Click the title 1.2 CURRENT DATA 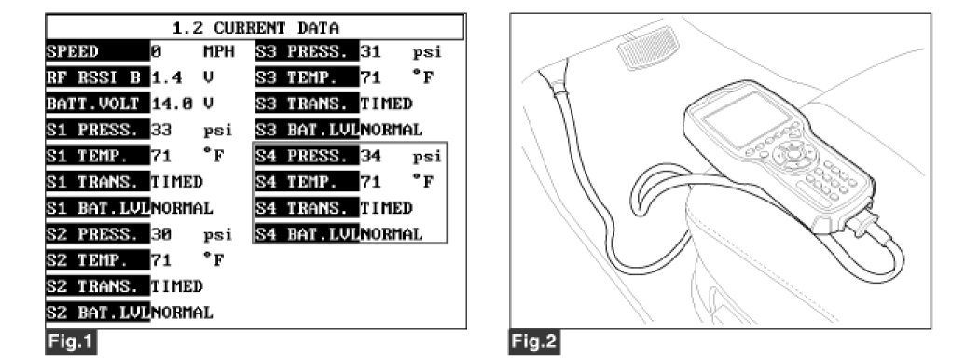click(255, 27)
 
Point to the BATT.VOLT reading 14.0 click(167, 104)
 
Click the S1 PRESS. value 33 click(161, 130)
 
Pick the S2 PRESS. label click(97, 234)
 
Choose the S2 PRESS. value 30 click(161, 234)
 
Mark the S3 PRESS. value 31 click(370, 52)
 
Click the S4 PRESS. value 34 click(370, 157)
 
